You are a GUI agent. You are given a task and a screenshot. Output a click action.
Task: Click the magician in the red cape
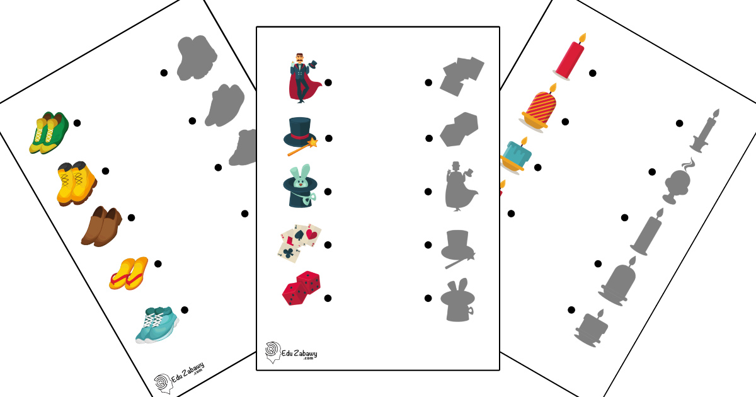click(304, 78)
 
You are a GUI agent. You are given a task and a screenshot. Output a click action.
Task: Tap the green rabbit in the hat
click(300, 186)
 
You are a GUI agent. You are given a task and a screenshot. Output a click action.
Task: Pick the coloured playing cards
click(300, 243)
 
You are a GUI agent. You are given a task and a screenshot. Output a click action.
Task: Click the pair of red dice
click(301, 289)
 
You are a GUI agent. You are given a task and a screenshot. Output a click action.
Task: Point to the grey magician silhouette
click(461, 187)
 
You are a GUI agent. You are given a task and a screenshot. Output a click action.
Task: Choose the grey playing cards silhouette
click(462, 77)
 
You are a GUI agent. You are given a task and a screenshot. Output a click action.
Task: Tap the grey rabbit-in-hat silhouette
click(458, 300)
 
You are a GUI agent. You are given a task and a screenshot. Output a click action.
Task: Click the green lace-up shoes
click(49, 133)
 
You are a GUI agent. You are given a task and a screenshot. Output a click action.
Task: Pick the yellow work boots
click(77, 183)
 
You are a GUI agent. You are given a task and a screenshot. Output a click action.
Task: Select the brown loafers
click(101, 226)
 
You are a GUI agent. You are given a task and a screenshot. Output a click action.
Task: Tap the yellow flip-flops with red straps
click(129, 273)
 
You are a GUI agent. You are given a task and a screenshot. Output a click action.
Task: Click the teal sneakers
click(157, 325)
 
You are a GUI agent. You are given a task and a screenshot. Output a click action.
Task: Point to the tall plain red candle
click(570, 57)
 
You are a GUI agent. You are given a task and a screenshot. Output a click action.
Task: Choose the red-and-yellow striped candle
click(539, 108)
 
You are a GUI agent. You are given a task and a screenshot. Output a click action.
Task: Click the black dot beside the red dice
click(328, 298)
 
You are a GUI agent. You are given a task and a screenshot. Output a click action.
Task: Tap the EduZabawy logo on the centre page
click(291, 353)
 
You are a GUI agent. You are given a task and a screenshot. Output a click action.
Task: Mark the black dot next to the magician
click(328, 83)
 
